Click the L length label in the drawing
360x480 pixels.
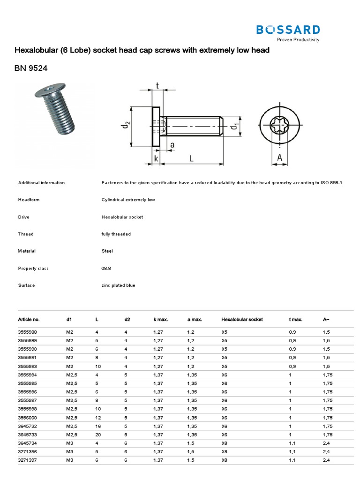point(191,158)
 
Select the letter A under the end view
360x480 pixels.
point(280,158)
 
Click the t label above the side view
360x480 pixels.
point(157,85)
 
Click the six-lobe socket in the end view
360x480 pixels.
point(280,126)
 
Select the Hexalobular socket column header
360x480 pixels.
point(242,319)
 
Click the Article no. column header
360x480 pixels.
point(29,319)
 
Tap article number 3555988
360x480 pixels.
point(27,332)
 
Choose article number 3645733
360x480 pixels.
point(27,434)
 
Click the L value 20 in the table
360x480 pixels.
point(98,434)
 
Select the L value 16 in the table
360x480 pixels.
point(98,426)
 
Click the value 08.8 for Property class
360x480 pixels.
point(107,268)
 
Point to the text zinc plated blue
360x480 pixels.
point(118,285)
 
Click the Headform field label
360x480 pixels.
point(29,200)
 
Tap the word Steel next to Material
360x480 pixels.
point(107,251)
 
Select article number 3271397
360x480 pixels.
point(27,460)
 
